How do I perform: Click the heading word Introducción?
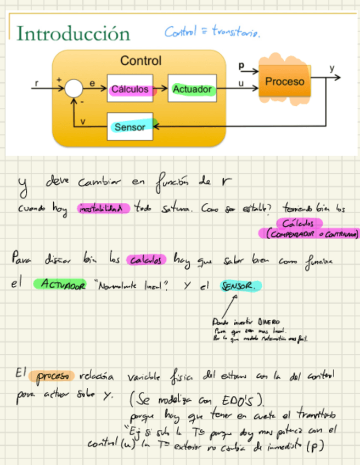coord(73,33)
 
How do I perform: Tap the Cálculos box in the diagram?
coord(130,89)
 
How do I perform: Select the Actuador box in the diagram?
coord(192,89)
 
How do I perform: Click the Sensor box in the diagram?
coord(130,127)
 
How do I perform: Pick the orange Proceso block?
coord(284,82)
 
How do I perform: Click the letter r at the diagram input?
coord(37,83)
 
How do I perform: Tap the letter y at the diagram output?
coord(331,69)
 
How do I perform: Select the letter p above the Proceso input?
coord(241,66)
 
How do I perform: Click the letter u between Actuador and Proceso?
coord(241,83)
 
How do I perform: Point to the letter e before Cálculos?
coord(92,83)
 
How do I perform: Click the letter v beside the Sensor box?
coord(83,122)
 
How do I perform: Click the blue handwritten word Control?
coord(179,32)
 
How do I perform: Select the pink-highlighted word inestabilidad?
coord(104,208)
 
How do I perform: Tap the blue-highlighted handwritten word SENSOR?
coord(240,286)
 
